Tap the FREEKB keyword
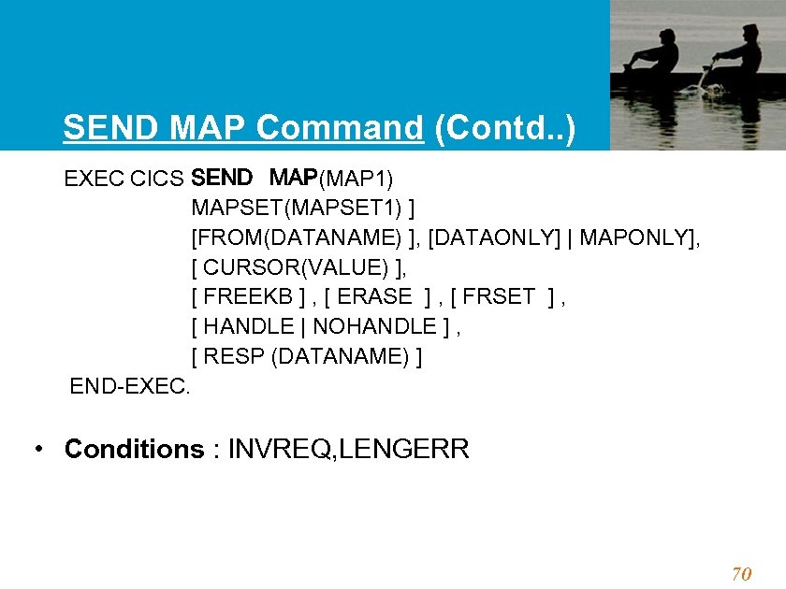pyautogui.click(x=247, y=297)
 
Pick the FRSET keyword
pyautogui.click(x=502, y=297)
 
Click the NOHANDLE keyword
pyautogui.click(x=374, y=327)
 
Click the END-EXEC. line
pyautogui.click(x=130, y=386)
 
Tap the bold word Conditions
pyautogui.click(x=134, y=450)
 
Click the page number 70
pyautogui.click(x=741, y=574)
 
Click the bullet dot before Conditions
pyautogui.click(x=36, y=449)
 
